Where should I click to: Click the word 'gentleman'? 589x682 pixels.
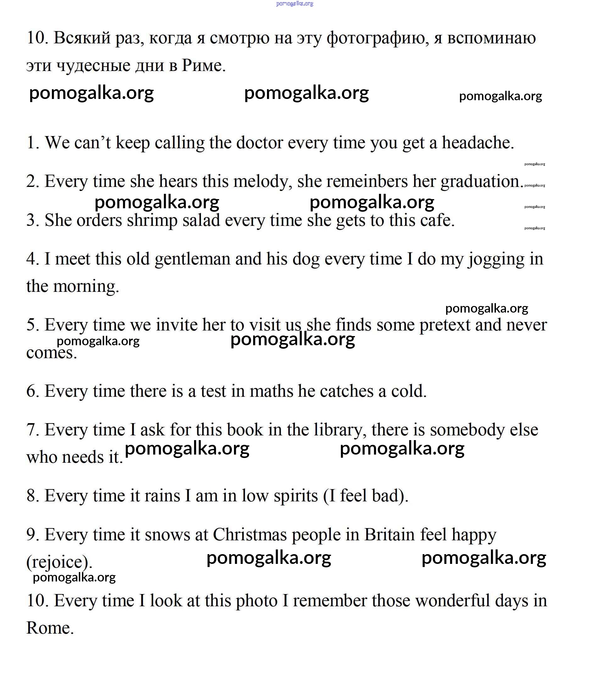192,259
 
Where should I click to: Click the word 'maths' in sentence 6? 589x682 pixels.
271,391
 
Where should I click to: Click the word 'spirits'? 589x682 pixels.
296,496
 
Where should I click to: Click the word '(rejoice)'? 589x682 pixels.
59,563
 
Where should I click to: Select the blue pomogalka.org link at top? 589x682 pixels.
294,4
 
